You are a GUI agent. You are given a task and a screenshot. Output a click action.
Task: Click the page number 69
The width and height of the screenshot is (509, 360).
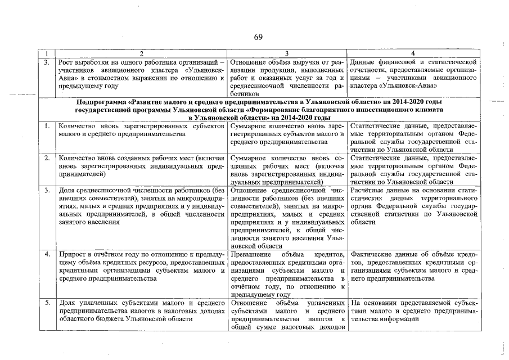tap(258, 38)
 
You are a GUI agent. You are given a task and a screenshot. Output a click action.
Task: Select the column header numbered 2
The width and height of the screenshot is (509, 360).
tap(141, 53)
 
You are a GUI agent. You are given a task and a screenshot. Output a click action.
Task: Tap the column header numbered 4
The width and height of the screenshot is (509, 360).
tap(413, 53)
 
